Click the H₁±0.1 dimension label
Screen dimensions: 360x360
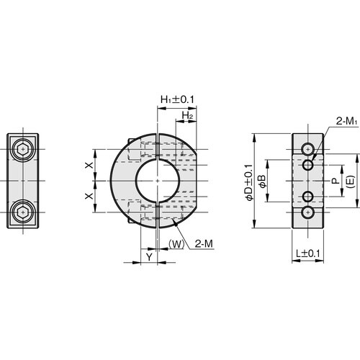[x=177, y=99]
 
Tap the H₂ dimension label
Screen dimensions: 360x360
[x=187, y=115]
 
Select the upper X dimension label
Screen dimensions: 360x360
[x=89, y=165]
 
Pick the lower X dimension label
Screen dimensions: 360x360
[x=89, y=197]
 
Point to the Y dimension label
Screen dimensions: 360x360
[x=149, y=257]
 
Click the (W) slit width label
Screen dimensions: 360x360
[x=176, y=244]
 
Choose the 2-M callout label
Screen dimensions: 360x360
[x=204, y=244]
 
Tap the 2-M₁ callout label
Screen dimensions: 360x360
[x=346, y=122]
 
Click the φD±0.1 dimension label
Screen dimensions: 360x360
[x=249, y=182]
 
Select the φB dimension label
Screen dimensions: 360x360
[x=262, y=181]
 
